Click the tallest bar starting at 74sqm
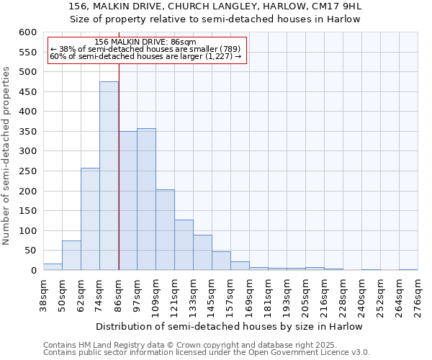click(109, 176)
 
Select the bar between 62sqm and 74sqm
click(90, 219)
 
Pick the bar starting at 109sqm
click(165, 230)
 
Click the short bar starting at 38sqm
click(53, 266)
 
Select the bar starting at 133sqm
click(202, 253)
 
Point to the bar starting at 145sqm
click(221, 261)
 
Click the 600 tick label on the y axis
click(27, 32)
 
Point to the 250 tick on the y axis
click(27, 171)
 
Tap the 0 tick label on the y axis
click(33, 271)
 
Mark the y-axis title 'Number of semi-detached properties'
click(7, 156)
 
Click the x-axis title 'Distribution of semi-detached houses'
click(230, 326)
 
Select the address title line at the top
click(215, 6)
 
